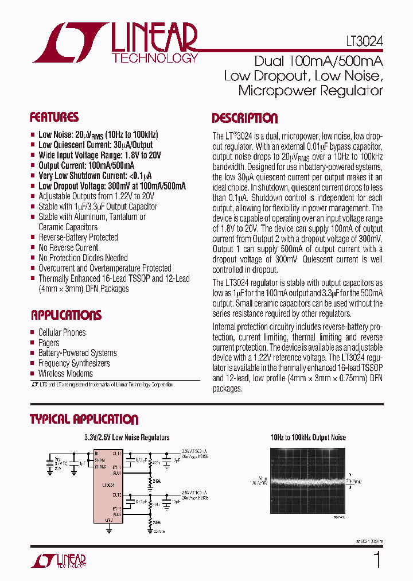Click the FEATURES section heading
[54, 118]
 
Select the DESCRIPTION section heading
[244, 119]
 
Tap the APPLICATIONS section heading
[66, 315]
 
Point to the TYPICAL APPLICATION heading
[84, 420]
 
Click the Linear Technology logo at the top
[115, 42]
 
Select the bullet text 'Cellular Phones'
[62, 332]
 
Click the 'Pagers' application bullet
[49, 343]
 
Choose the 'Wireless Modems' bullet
[65, 374]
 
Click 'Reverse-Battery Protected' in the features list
[78, 238]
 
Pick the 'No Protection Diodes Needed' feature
[83, 258]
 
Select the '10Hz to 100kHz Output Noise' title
[308, 437]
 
